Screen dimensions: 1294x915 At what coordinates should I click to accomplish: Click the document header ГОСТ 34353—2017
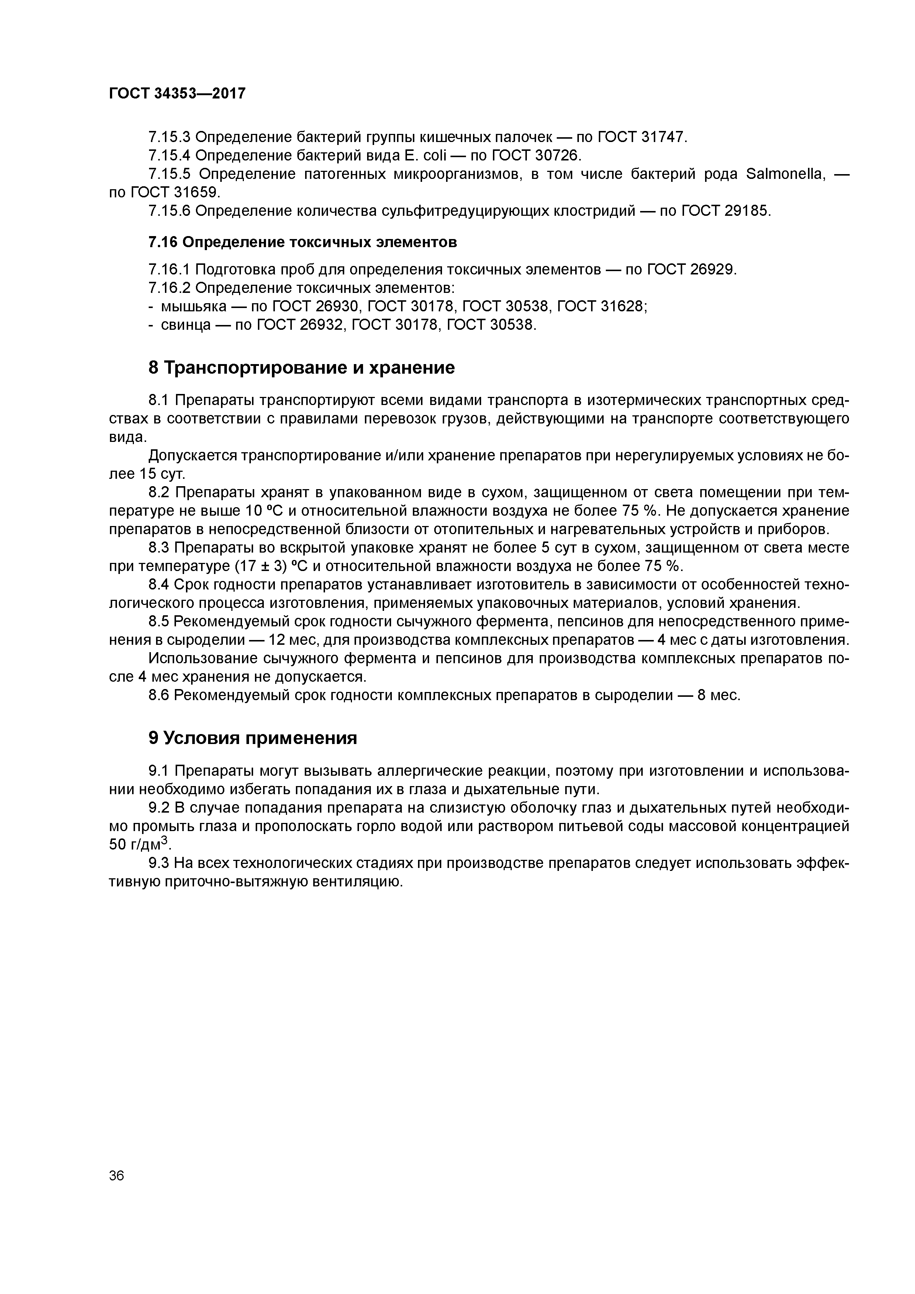177,93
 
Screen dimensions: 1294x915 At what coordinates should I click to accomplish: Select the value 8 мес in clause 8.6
718,695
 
